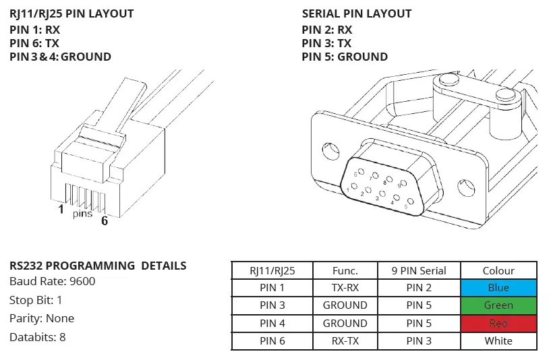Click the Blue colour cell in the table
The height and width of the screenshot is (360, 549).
click(498, 288)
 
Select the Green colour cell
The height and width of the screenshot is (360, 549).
click(498, 305)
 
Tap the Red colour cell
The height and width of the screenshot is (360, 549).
click(498, 324)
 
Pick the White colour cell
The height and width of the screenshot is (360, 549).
click(498, 341)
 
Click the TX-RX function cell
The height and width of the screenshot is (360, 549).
click(345, 288)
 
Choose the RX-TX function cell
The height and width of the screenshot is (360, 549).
click(345, 341)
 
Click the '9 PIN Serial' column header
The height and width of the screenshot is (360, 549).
click(419, 270)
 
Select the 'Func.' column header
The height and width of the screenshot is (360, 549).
click(345, 270)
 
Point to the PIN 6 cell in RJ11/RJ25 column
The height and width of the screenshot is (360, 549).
click(272, 341)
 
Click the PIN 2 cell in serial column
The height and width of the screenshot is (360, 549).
click(419, 288)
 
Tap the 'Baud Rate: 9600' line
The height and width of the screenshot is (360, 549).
click(53, 281)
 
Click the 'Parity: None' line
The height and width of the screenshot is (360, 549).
click(42, 318)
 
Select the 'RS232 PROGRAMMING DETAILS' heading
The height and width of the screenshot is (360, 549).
click(98, 266)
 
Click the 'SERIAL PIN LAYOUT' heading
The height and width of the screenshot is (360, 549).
click(356, 13)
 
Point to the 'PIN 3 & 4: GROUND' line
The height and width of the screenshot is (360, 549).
click(61, 57)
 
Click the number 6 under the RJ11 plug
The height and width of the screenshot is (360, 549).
click(105, 220)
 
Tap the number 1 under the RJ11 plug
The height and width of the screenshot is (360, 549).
click(61, 210)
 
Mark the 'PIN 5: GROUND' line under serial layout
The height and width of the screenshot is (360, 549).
click(345, 57)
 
